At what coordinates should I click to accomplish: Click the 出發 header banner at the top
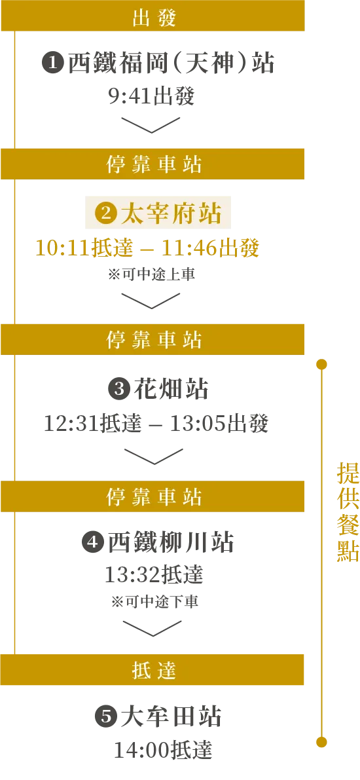[153, 16]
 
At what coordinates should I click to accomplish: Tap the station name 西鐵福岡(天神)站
[171, 64]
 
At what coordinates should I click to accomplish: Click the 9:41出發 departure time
[151, 96]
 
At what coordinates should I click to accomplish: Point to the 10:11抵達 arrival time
[84, 248]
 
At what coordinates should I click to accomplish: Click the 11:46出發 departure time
[210, 248]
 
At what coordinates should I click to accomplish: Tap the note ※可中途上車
[151, 274]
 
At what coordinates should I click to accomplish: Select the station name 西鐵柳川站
[171, 543]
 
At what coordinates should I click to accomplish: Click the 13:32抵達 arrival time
[154, 576]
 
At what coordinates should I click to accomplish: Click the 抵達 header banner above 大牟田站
[153, 669]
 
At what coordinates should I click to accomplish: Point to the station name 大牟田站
[171, 717]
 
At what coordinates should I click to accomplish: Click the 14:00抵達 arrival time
[163, 750]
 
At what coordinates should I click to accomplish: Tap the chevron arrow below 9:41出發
[151, 125]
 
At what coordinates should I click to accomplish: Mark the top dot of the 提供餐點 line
[322, 365]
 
